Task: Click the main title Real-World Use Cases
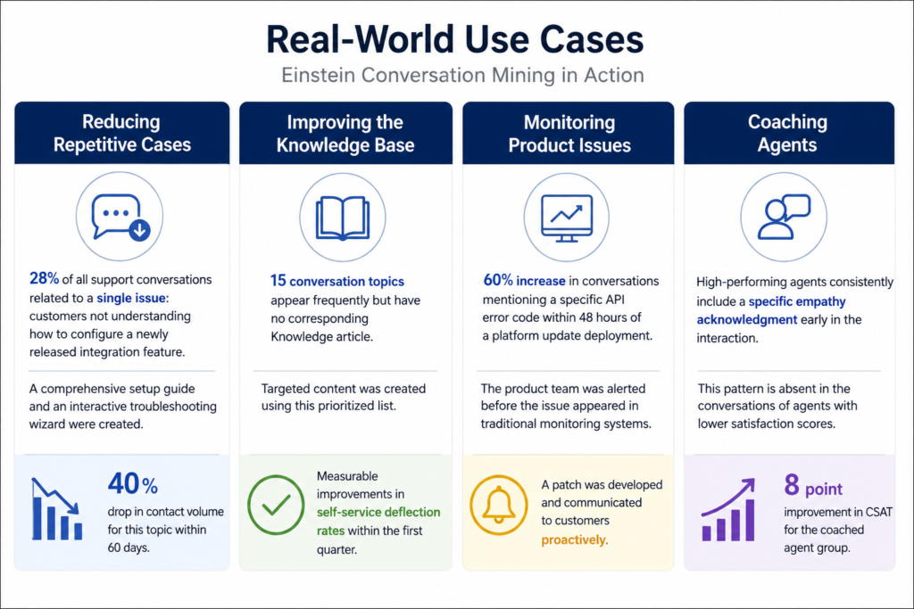pos(454,39)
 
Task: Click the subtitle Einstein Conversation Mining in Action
pos(463,75)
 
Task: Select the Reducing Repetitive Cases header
pos(121,133)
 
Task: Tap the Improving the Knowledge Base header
pos(345,133)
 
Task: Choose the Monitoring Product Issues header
pos(569,133)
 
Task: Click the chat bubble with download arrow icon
pos(120,217)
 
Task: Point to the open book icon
pos(343,218)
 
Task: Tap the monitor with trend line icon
pos(567,218)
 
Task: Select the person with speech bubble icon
pos(784,217)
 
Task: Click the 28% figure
pos(45,278)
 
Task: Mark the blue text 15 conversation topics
pos(337,281)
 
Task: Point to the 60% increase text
pos(524,280)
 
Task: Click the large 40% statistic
pos(133,483)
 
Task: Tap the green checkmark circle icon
pos(276,505)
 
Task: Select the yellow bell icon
pos(498,505)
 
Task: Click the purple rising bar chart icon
pos(728,510)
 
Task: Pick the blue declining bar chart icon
pos(56,509)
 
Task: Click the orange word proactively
pos(574,539)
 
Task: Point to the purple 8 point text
pos(813,486)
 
